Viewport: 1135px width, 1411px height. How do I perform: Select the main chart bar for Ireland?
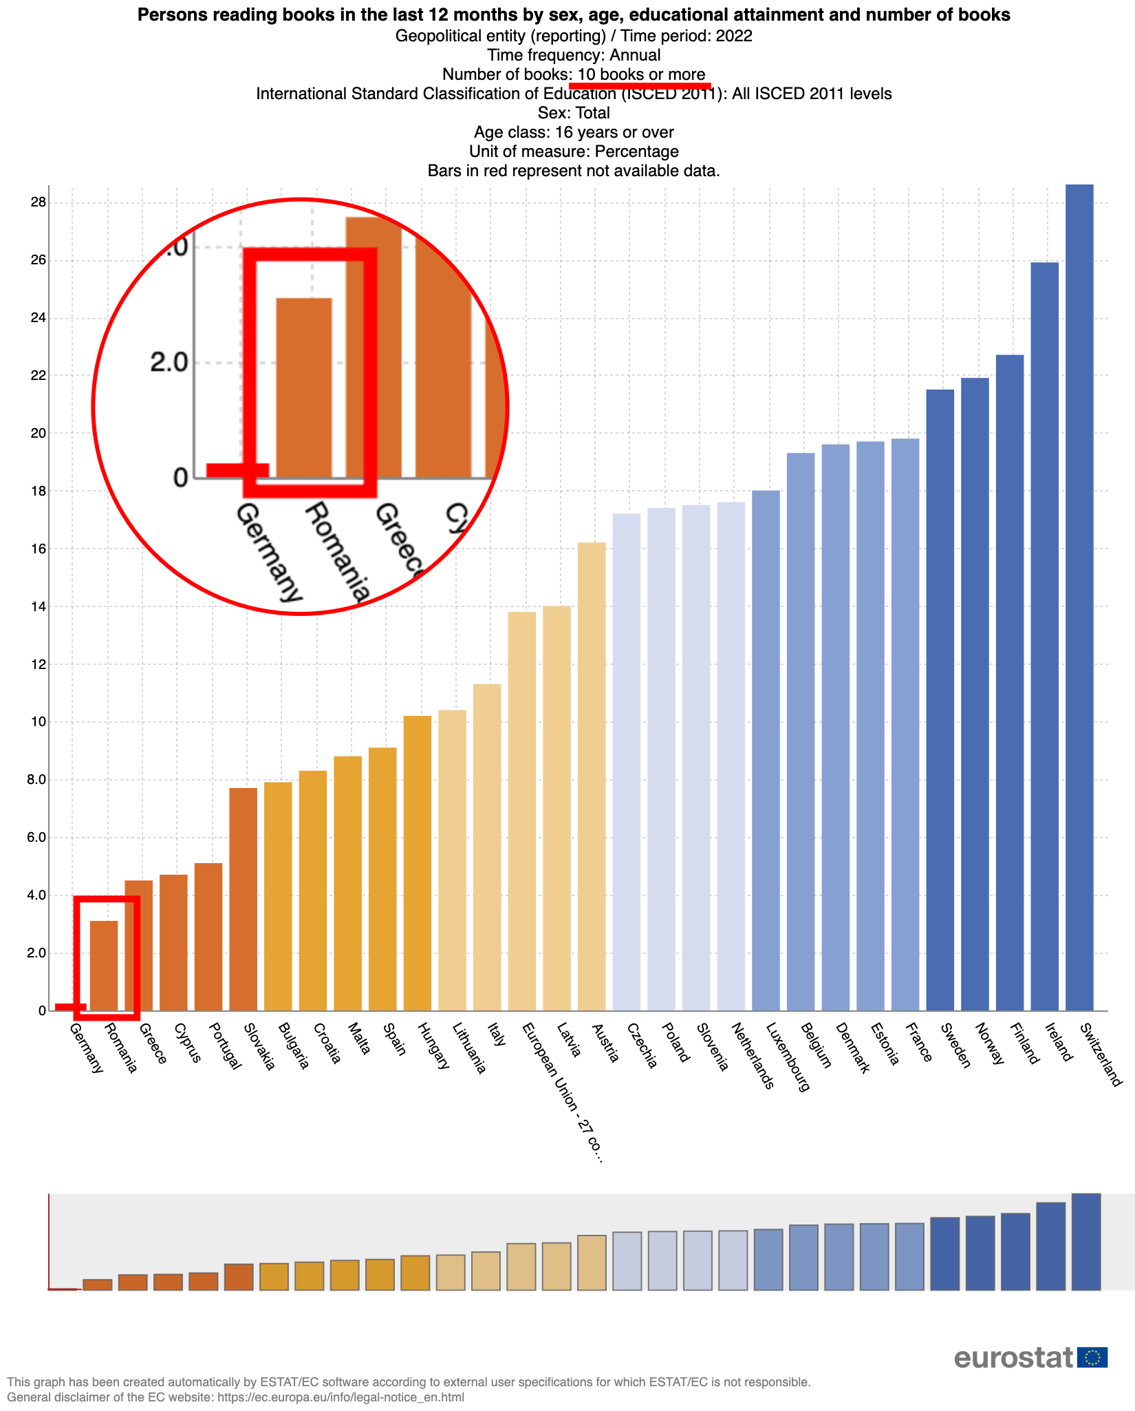click(x=1044, y=637)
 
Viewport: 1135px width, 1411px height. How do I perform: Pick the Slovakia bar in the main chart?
click(x=243, y=899)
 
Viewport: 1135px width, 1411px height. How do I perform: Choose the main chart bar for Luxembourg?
click(x=766, y=750)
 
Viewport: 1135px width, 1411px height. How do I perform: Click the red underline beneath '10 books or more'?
click(x=640, y=85)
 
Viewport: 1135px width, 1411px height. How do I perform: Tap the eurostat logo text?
click(x=1013, y=1357)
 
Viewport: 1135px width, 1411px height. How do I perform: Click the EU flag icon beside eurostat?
click(x=1092, y=1357)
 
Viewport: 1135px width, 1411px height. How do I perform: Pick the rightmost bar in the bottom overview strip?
click(x=1086, y=1242)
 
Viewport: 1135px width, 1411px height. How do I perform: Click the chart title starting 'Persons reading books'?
click(x=574, y=15)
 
